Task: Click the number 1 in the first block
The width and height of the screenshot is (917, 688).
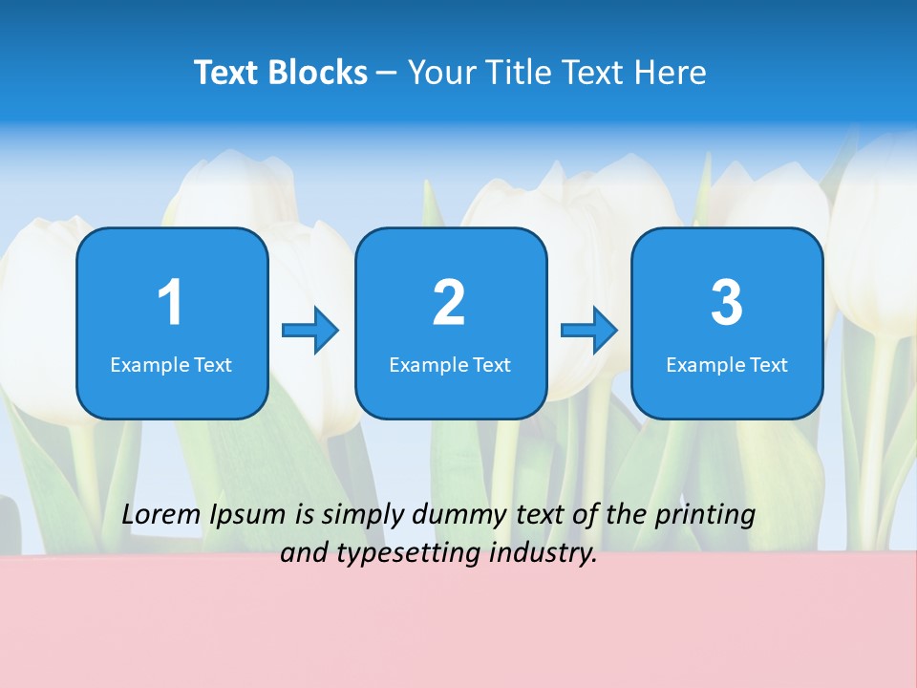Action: (170, 303)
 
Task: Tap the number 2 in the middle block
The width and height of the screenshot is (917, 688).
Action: (449, 303)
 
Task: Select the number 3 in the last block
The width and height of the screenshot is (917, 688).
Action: (727, 303)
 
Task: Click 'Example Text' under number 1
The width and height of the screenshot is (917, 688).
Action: (171, 365)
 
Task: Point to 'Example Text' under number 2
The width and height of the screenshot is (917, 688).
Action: (450, 365)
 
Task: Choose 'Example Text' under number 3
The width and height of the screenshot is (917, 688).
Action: (727, 365)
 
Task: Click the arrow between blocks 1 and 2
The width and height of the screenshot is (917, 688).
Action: (310, 331)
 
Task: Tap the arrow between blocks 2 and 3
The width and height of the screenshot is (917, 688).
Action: (589, 331)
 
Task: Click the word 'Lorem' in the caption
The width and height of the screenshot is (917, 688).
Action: (161, 515)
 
